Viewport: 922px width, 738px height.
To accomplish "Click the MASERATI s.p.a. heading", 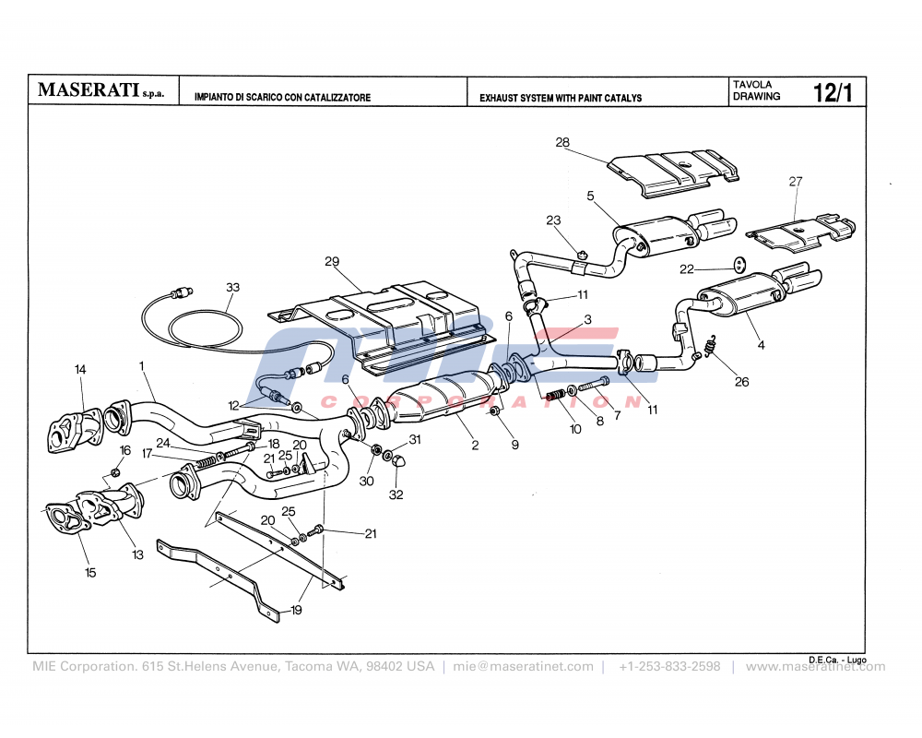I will coord(100,91).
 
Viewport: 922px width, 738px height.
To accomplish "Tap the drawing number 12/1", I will coord(833,92).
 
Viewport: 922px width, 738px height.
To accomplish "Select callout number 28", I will coord(563,142).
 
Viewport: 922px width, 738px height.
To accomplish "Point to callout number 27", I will coord(796,182).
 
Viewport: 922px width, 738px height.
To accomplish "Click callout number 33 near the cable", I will coord(232,287).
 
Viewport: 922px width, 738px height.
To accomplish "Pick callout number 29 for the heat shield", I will coord(332,261).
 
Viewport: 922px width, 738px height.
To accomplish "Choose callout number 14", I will coord(80,369).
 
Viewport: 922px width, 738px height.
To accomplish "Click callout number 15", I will coord(89,573).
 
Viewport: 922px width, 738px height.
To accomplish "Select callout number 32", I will coord(396,494).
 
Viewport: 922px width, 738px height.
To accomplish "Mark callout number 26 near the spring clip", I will coord(716,382).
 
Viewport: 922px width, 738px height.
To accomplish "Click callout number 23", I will coord(553,220).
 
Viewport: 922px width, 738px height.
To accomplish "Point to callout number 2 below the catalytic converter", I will coord(475,446).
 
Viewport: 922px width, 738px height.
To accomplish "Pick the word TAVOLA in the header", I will coord(752,84).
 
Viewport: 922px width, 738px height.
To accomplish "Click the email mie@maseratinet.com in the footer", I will coord(523,666).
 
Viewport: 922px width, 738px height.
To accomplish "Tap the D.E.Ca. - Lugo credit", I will coord(837,659).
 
